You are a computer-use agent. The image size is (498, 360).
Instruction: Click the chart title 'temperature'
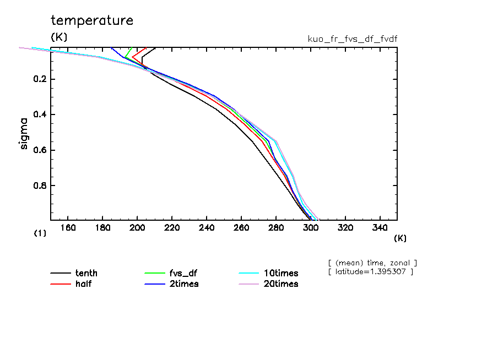[x=92, y=21]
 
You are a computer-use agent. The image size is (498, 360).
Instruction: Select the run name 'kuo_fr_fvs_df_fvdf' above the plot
[x=353, y=39]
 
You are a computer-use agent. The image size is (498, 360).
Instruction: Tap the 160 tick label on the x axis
[x=68, y=228]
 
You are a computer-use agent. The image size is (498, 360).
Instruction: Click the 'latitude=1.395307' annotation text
[x=370, y=272]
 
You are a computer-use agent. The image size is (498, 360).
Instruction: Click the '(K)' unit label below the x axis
[x=400, y=238]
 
